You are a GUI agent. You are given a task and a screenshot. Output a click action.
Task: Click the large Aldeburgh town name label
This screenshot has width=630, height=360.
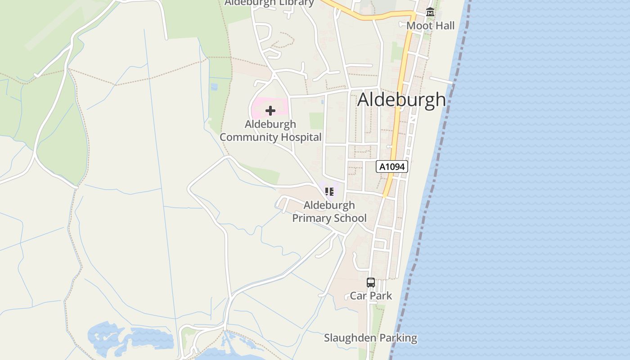[x=401, y=100]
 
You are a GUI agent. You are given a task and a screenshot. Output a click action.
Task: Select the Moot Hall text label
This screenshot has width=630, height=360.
[x=430, y=26]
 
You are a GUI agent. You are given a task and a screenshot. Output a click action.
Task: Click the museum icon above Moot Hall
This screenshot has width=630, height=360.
[x=430, y=13]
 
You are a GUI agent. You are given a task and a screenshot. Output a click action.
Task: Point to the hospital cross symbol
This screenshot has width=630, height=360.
[x=270, y=111]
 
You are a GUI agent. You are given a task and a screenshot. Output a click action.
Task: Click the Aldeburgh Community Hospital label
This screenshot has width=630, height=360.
[x=270, y=130]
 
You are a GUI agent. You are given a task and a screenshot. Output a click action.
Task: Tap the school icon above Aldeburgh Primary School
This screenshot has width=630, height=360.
[x=329, y=192]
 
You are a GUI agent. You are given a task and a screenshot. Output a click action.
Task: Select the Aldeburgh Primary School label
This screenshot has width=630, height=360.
[x=329, y=211]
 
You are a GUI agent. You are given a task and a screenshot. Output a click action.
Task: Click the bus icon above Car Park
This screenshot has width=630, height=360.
[x=371, y=283]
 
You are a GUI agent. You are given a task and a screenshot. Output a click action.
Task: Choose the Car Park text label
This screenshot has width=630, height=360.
[x=371, y=296]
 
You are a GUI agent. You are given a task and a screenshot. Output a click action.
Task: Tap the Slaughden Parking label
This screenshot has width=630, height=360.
[x=370, y=338]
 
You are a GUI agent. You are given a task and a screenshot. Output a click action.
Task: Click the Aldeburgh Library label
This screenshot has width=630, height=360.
[x=269, y=3]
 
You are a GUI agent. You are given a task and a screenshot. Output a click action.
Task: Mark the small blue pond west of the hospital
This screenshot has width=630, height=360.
[x=214, y=86]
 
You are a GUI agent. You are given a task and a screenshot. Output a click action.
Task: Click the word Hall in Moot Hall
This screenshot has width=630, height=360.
[x=444, y=26]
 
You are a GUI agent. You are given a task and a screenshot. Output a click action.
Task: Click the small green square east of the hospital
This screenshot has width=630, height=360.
[x=316, y=120]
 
